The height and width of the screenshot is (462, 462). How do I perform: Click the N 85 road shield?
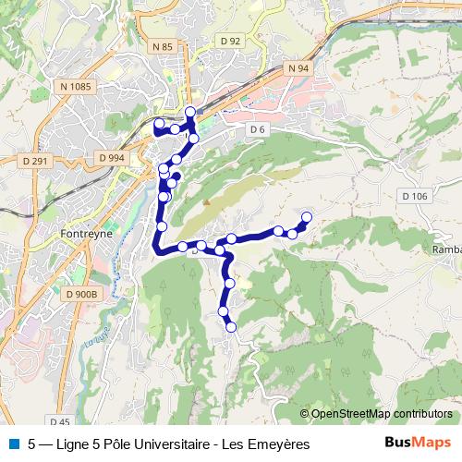(x=164, y=46)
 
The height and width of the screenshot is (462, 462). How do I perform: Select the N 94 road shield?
(x=298, y=68)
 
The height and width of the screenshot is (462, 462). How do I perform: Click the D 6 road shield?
(x=257, y=129)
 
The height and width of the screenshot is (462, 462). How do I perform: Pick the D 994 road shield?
(x=110, y=158)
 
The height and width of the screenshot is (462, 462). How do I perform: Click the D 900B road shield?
(x=80, y=294)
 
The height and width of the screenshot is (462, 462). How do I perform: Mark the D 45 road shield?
(x=61, y=421)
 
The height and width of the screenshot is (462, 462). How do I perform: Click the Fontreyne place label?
(x=84, y=235)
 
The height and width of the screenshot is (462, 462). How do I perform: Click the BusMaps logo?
(x=418, y=444)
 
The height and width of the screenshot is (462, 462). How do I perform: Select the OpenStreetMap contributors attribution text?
(x=382, y=414)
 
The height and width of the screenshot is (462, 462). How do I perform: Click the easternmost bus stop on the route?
(x=307, y=217)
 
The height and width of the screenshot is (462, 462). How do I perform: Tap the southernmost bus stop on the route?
(x=231, y=326)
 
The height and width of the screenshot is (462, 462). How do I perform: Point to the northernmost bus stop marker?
(x=190, y=112)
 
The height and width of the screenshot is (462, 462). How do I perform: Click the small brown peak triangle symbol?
(x=207, y=201)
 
